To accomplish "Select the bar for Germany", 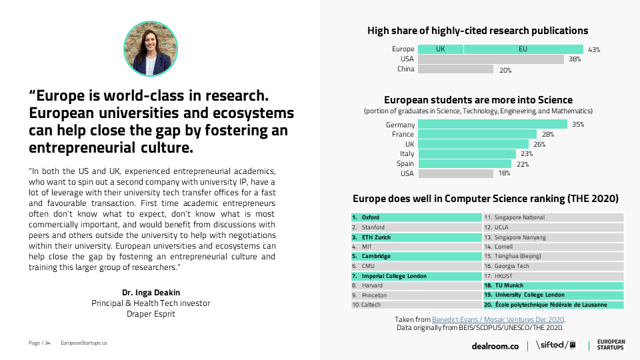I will [493, 125].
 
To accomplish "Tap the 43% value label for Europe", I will [594, 49].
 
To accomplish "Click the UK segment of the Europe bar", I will [440, 49].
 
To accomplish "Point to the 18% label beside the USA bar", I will [504, 173].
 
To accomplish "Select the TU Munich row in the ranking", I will [553, 285].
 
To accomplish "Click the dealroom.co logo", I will [495, 345].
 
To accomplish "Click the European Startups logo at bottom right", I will [610, 345].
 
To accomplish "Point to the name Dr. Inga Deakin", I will [151, 293].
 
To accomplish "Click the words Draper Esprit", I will [151, 313].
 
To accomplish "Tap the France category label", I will [403, 135].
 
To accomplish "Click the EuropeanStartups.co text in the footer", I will [83, 343].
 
